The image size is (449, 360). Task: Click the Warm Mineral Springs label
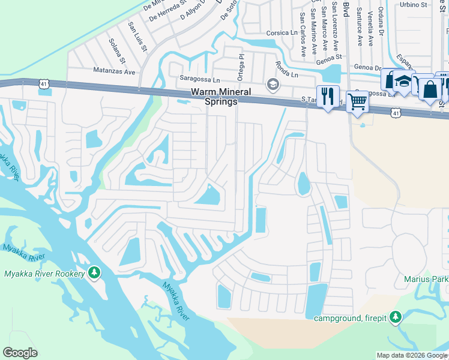[x=214, y=97]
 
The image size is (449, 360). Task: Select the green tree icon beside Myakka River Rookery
[x=94, y=274]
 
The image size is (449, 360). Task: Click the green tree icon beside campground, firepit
[x=395, y=317]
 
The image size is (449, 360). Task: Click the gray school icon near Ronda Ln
[x=273, y=83]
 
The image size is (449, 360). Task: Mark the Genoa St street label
[x=330, y=57]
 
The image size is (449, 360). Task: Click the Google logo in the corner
[x=20, y=353]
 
